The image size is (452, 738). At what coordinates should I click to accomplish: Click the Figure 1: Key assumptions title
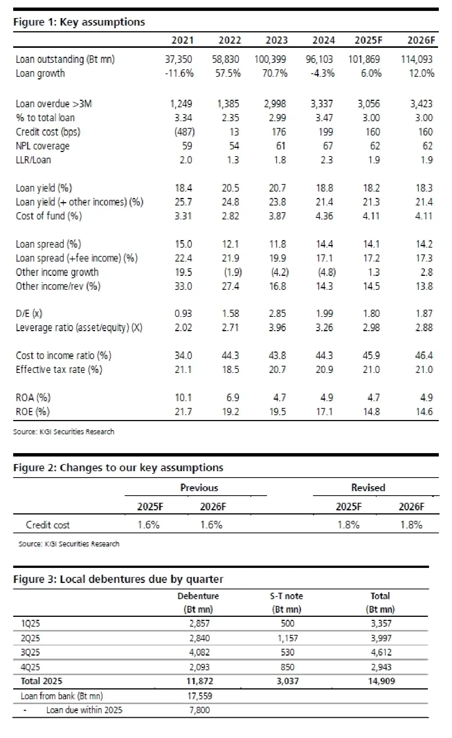tap(79, 22)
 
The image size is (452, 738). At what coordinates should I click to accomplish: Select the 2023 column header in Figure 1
tap(276, 40)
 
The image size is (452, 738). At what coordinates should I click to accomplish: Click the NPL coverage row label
tap(43, 146)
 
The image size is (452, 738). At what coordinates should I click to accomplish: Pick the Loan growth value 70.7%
tap(275, 73)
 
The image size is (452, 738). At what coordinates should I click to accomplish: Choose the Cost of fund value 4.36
tap(324, 216)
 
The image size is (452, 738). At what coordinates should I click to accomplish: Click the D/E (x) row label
tap(29, 313)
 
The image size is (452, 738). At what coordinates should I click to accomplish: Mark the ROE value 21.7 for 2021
tap(183, 412)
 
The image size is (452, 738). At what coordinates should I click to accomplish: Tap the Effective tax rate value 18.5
tap(231, 370)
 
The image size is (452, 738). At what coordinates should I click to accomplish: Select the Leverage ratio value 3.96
tap(277, 327)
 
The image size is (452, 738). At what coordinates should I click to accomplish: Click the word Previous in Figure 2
tap(199, 488)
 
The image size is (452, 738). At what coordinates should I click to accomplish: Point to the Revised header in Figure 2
tap(368, 488)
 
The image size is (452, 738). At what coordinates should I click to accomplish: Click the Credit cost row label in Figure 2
tap(47, 525)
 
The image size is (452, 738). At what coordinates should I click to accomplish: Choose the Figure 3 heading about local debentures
tap(118, 579)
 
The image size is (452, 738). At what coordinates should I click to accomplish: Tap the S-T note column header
tap(286, 596)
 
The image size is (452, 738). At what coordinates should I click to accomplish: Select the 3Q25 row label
tap(30, 652)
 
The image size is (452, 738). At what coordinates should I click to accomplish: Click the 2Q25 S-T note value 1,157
tap(287, 638)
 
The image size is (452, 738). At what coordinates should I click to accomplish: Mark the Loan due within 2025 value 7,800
tap(199, 710)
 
